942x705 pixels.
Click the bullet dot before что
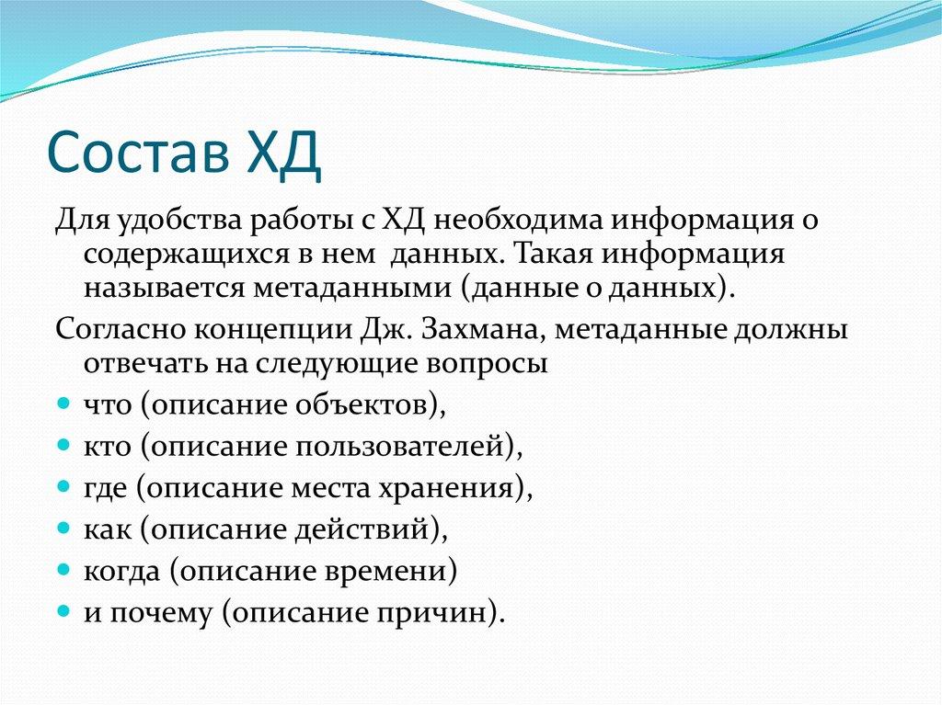coord(63,404)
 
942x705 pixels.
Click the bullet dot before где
coord(63,487)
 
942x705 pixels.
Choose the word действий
coord(363,529)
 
